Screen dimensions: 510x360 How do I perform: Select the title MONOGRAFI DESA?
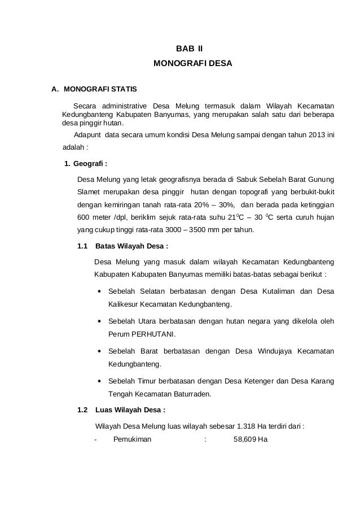pyautogui.click(x=192, y=73)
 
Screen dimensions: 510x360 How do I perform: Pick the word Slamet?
pyautogui.click(x=87, y=192)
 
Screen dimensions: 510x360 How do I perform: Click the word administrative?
pyautogui.click(x=124, y=106)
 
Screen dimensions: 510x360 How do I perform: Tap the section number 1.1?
pyautogui.click(x=83, y=247)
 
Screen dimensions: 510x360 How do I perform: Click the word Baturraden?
pyautogui.click(x=190, y=393)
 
